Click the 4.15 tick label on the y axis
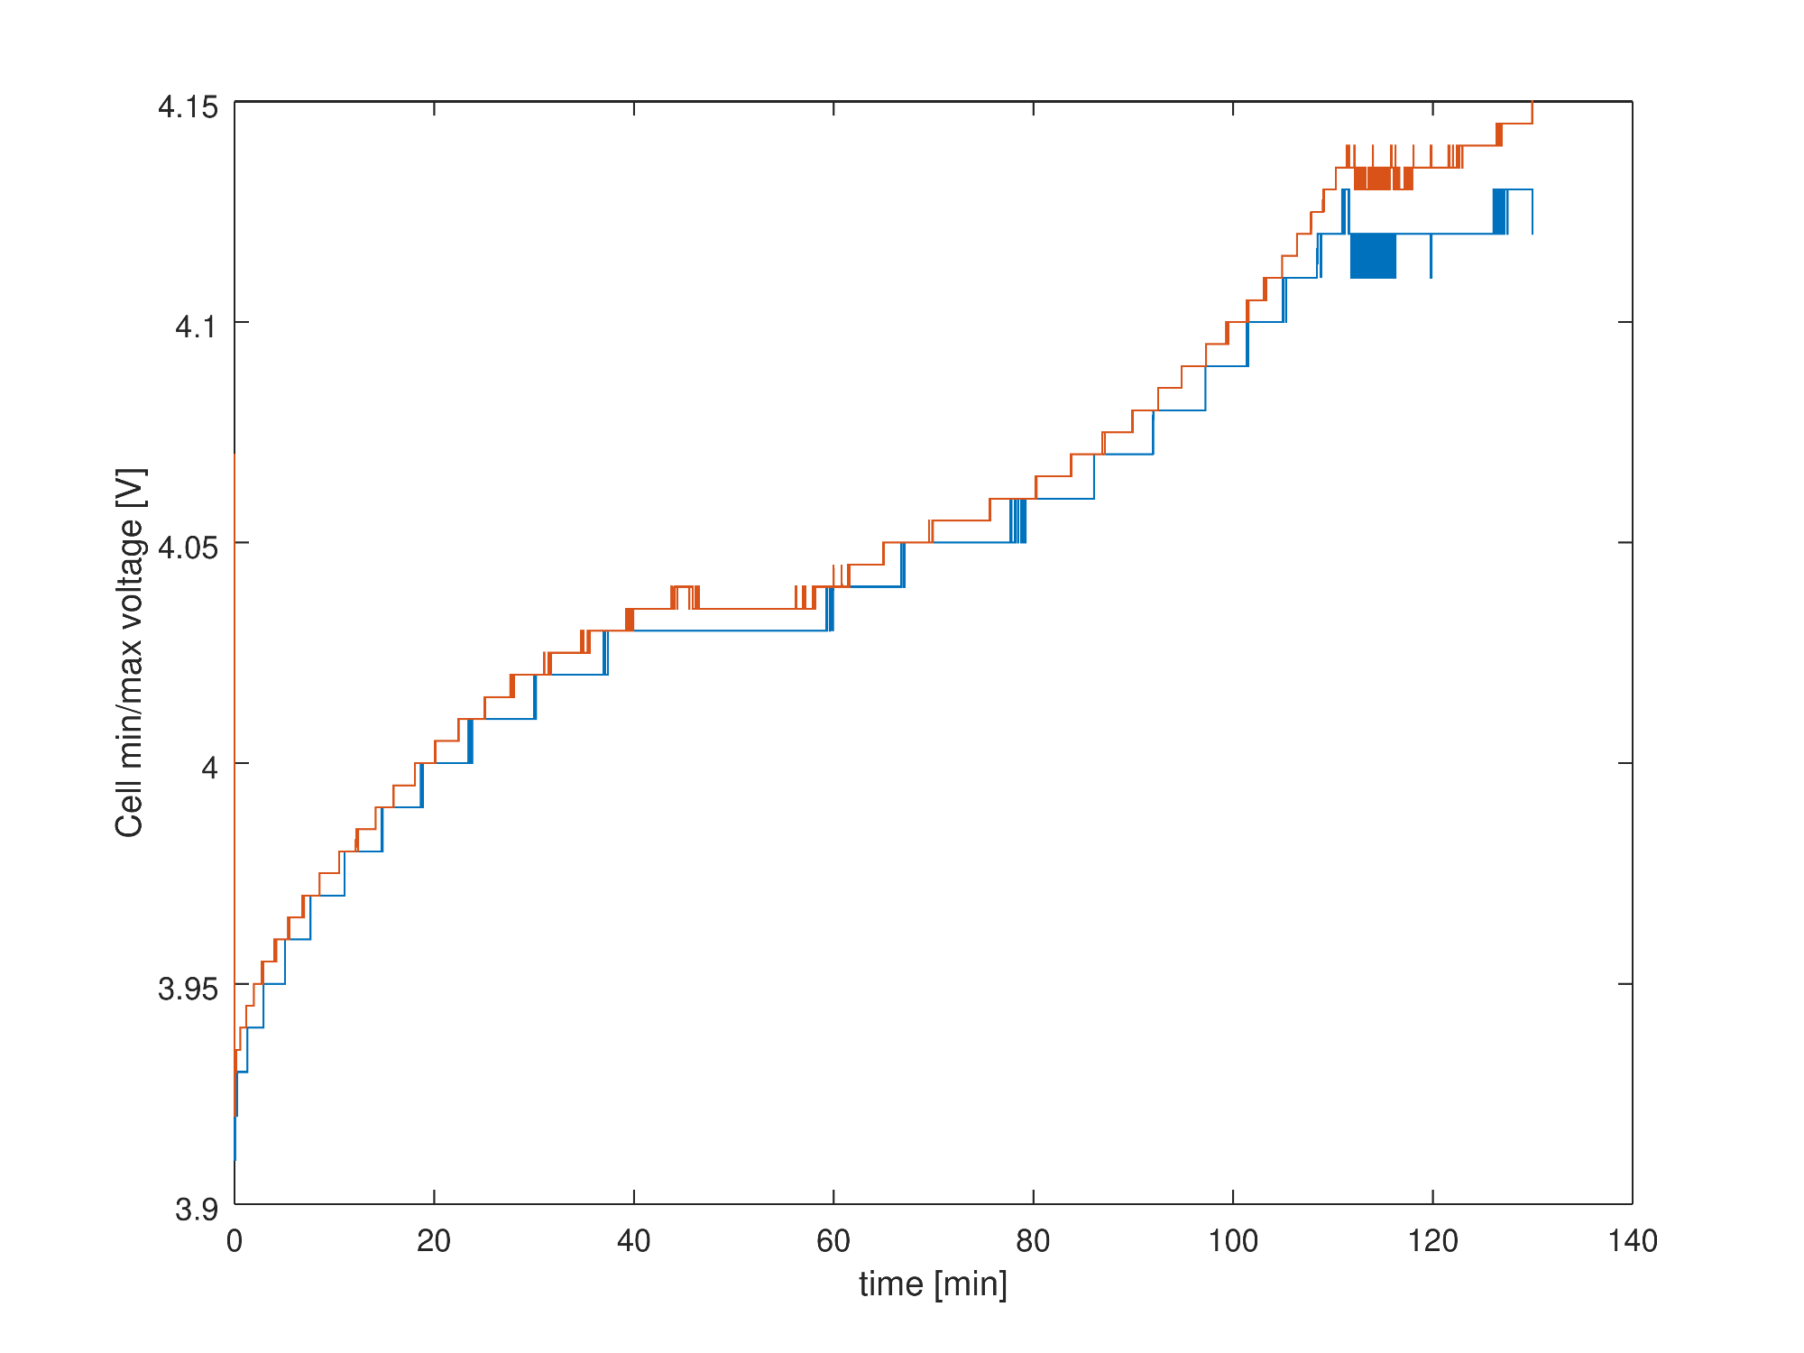tap(188, 107)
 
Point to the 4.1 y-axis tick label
tap(196, 327)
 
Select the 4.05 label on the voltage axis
tap(188, 548)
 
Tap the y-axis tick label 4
tap(209, 769)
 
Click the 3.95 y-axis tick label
tap(188, 989)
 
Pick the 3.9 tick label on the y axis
tap(196, 1209)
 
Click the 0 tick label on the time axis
tap(235, 1242)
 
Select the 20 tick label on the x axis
tap(434, 1242)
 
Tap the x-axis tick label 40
tap(634, 1242)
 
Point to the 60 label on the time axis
tap(833, 1242)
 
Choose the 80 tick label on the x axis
tap(1033, 1242)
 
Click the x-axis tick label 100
tap(1233, 1242)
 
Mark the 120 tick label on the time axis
tap(1432, 1242)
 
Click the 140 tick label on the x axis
tap(1633, 1242)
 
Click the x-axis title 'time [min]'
tap(933, 1284)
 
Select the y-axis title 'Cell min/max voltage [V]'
tap(130, 652)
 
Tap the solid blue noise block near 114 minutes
tap(1373, 256)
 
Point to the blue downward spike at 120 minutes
tap(1431, 262)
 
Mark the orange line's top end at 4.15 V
tap(1532, 104)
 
